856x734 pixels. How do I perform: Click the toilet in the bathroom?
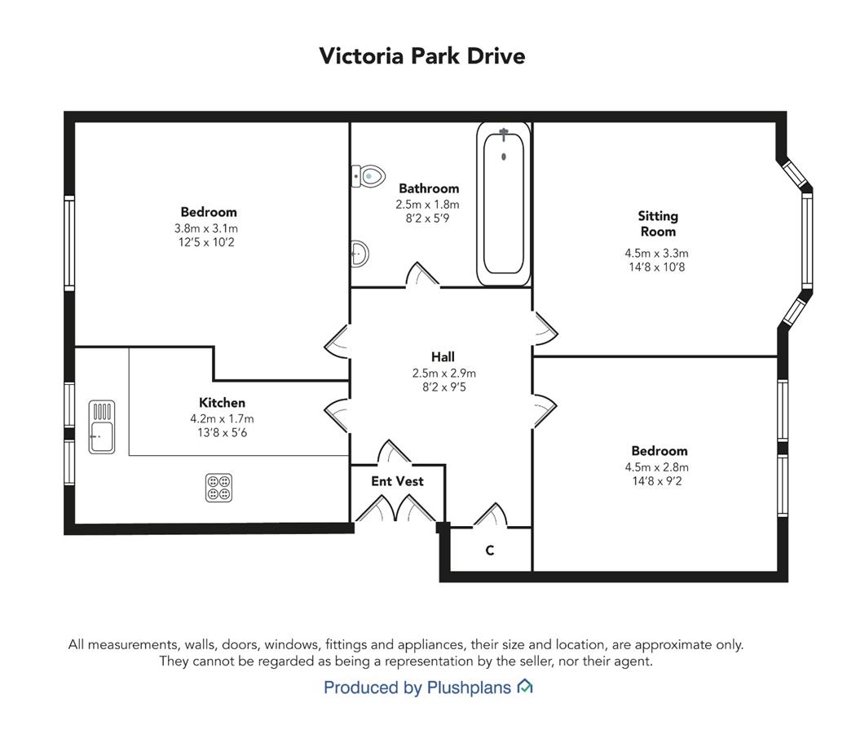coord(368,176)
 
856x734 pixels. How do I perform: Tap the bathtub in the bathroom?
coord(503,204)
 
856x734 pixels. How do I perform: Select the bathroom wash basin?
coord(360,254)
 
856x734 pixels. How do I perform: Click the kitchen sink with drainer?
coord(102,427)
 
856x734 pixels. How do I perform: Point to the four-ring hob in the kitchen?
coord(219,488)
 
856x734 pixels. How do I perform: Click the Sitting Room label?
coord(658,224)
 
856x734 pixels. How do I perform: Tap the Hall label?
coord(443,357)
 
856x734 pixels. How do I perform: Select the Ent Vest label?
coord(398,481)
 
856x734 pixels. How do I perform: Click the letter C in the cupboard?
coord(490,550)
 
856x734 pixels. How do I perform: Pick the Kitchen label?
coord(223,403)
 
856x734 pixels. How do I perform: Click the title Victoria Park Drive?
coord(422,55)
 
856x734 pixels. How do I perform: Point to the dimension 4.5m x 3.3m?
coord(657,254)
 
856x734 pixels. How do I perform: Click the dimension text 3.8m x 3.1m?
coord(206,228)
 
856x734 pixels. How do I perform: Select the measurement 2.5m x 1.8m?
coord(427,205)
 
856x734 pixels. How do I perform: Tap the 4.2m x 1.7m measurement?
coord(223,419)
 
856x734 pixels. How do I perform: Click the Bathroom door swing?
coord(422,274)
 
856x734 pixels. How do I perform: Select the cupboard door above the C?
coord(490,515)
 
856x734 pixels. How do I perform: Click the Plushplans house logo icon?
coord(525,687)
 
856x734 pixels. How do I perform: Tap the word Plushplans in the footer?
coord(469,687)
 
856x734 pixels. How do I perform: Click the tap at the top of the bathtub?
coord(504,133)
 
